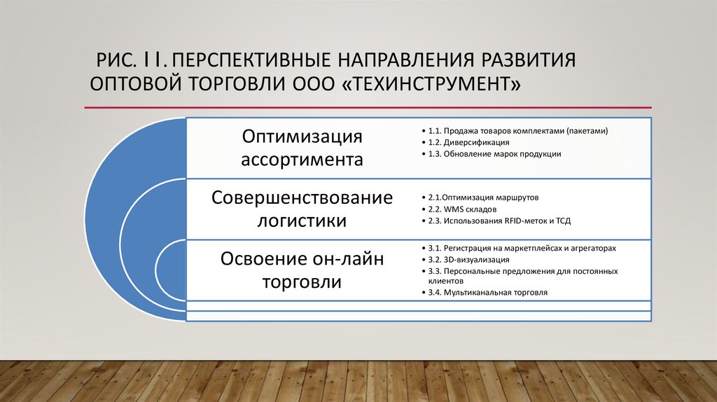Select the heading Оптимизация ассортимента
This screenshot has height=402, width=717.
click(x=302, y=147)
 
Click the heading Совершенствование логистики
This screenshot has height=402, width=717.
click(x=302, y=209)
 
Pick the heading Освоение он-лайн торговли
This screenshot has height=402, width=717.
click(x=302, y=271)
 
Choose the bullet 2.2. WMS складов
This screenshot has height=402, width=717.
click(x=463, y=209)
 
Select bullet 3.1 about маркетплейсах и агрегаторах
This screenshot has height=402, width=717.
click(x=522, y=248)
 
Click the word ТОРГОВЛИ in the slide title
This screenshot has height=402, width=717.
click(x=234, y=83)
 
